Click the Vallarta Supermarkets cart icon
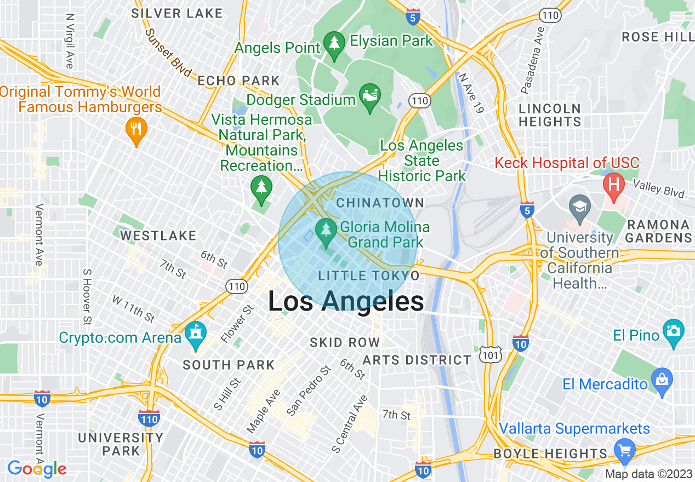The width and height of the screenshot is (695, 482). coord(624,450)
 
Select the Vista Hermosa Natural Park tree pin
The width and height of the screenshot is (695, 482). coord(261,187)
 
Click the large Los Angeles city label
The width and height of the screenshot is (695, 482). coord(346,302)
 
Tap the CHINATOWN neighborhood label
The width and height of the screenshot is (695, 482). coord(380,203)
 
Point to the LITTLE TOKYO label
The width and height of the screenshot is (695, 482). coord(369,275)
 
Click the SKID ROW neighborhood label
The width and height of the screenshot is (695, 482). coord(345,343)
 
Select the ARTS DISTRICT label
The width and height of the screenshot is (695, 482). coord(417,360)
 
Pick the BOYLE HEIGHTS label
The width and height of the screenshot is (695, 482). coord(550,454)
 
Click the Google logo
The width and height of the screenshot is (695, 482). coord(37,469)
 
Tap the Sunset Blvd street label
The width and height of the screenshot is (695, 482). coord(168,53)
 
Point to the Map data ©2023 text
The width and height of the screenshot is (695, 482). coord(649,474)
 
